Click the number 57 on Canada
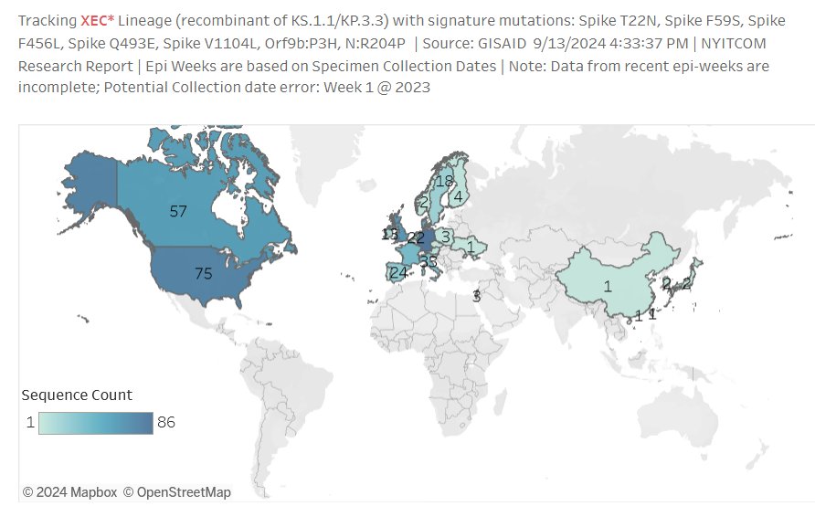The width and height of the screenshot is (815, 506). tap(178, 211)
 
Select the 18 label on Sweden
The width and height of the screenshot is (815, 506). tap(444, 182)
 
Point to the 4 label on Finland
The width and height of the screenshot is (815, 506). tap(457, 195)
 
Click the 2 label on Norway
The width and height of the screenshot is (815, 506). tap(423, 202)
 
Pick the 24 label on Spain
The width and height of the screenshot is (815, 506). tap(398, 272)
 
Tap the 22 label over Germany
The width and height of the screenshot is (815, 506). tap(416, 237)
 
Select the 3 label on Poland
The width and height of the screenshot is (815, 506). tap(445, 237)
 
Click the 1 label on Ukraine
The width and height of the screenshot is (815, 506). tap(470, 247)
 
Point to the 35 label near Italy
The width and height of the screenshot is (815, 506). tap(429, 261)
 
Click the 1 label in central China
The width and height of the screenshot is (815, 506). tap(608, 286)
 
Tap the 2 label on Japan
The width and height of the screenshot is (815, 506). tap(686, 283)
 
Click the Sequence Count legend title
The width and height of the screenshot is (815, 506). tap(77, 395)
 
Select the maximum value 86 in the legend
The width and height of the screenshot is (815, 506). tap(166, 423)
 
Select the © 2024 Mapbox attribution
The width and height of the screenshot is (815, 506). tap(69, 492)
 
